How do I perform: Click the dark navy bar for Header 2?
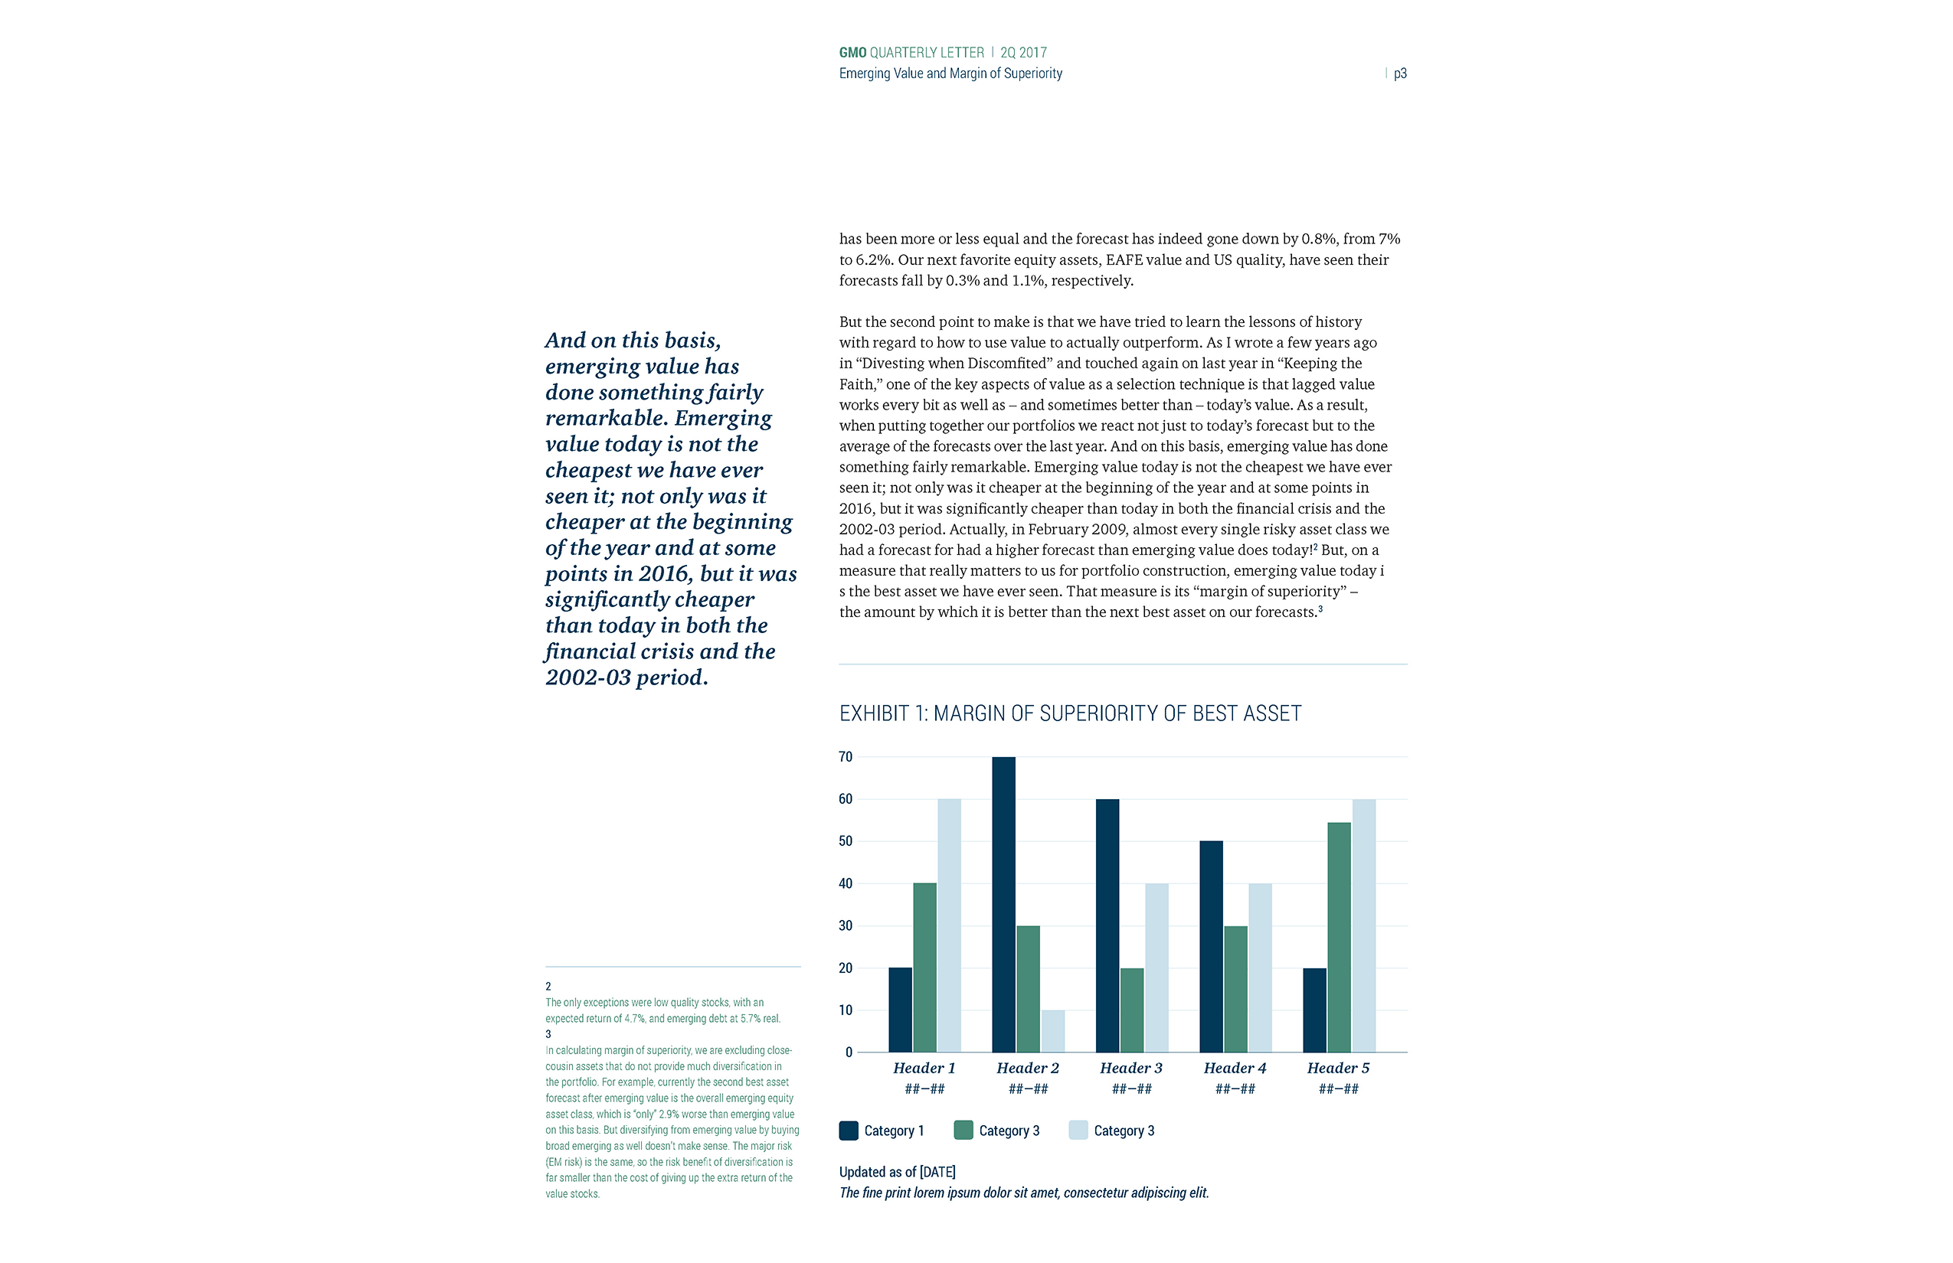click(x=1003, y=904)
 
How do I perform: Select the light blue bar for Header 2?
click(x=1053, y=1031)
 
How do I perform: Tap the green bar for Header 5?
click(x=1340, y=938)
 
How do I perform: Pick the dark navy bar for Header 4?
click(x=1211, y=946)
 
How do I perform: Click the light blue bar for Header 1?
click(x=950, y=925)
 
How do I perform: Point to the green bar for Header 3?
click(x=1132, y=1010)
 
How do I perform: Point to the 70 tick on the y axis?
click(x=846, y=757)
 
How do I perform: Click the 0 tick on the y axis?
click(x=849, y=1052)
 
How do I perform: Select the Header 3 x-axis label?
click(x=1130, y=1068)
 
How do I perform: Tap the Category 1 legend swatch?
click(x=849, y=1130)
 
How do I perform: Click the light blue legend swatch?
click(x=1078, y=1130)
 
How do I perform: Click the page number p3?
click(x=1400, y=73)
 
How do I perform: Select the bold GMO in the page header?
click(x=852, y=53)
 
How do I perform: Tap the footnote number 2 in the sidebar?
click(x=548, y=986)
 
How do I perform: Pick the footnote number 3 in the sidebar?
click(x=548, y=1034)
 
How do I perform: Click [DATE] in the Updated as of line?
click(x=937, y=1172)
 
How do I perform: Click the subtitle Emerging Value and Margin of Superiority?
click(x=950, y=73)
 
